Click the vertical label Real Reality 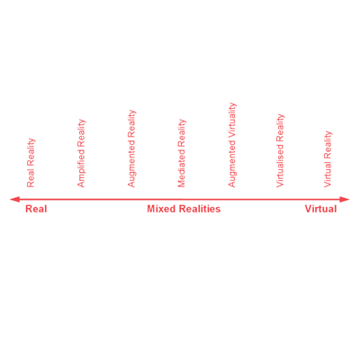point(31,163)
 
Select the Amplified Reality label point(81,153)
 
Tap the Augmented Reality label point(131,148)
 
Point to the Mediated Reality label point(182,153)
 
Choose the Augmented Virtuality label point(232,145)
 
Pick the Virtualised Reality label point(280,150)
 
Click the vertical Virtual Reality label point(328,159)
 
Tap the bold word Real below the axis point(36,209)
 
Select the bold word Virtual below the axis point(320,209)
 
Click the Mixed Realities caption point(184,209)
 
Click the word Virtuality point(232,121)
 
